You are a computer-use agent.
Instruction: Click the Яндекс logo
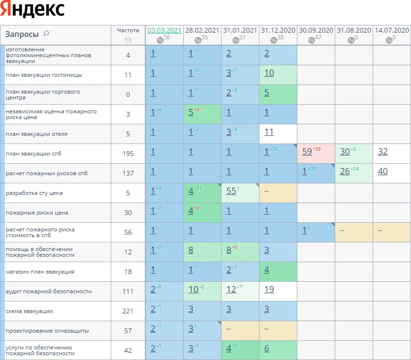pyautogui.click(x=33, y=10)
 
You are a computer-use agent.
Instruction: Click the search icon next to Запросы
pyautogui.click(x=46, y=34)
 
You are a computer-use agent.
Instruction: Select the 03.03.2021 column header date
pyautogui.click(x=164, y=30)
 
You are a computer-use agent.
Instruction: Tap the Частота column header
pyautogui.click(x=128, y=30)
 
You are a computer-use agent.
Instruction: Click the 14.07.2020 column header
pyautogui.click(x=391, y=30)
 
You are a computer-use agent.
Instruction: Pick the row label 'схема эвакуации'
pyautogui.click(x=29, y=311)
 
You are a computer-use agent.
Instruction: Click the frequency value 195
pyautogui.click(x=128, y=154)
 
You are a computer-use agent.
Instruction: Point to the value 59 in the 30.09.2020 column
pyautogui.click(x=307, y=152)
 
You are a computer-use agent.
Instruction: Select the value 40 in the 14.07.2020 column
pyautogui.click(x=382, y=172)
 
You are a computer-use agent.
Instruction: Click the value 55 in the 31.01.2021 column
pyautogui.click(x=231, y=192)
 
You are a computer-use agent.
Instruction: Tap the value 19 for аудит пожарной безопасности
pyautogui.click(x=269, y=290)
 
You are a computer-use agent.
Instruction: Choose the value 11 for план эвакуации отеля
pyautogui.click(x=269, y=132)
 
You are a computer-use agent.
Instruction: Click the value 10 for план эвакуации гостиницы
pyautogui.click(x=269, y=73)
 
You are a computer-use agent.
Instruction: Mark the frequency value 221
pyautogui.click(x=128, y=311)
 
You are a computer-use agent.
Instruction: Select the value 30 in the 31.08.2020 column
pyautogui.click(x=344, y=152)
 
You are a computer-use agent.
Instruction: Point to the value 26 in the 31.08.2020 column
pyautogui.click(x=344, y=172)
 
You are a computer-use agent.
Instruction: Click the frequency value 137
pyautogui.click(x=128, y=173)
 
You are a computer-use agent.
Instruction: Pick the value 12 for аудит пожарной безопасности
pyautogui.click(x=231, y=290)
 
